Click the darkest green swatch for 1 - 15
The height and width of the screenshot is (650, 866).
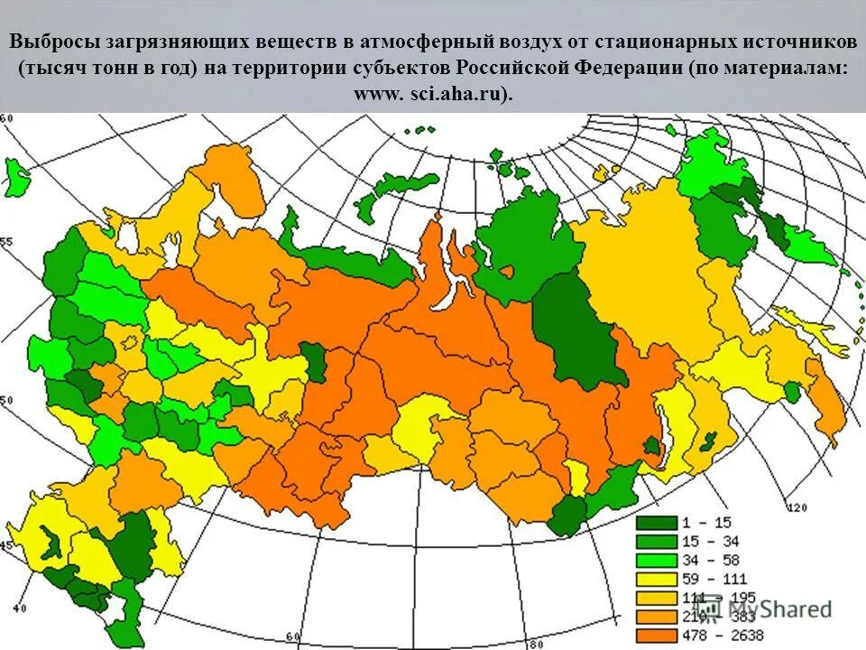pyautogui.click(x=658, y=522)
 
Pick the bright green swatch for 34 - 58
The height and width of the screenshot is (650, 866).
pyautogui.click(x=658, y=560)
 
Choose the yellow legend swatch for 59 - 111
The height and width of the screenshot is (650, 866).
pyautogui.click(x=658, y=579)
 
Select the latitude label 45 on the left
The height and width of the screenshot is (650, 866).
pyautogui.click(x=7, y=545)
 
